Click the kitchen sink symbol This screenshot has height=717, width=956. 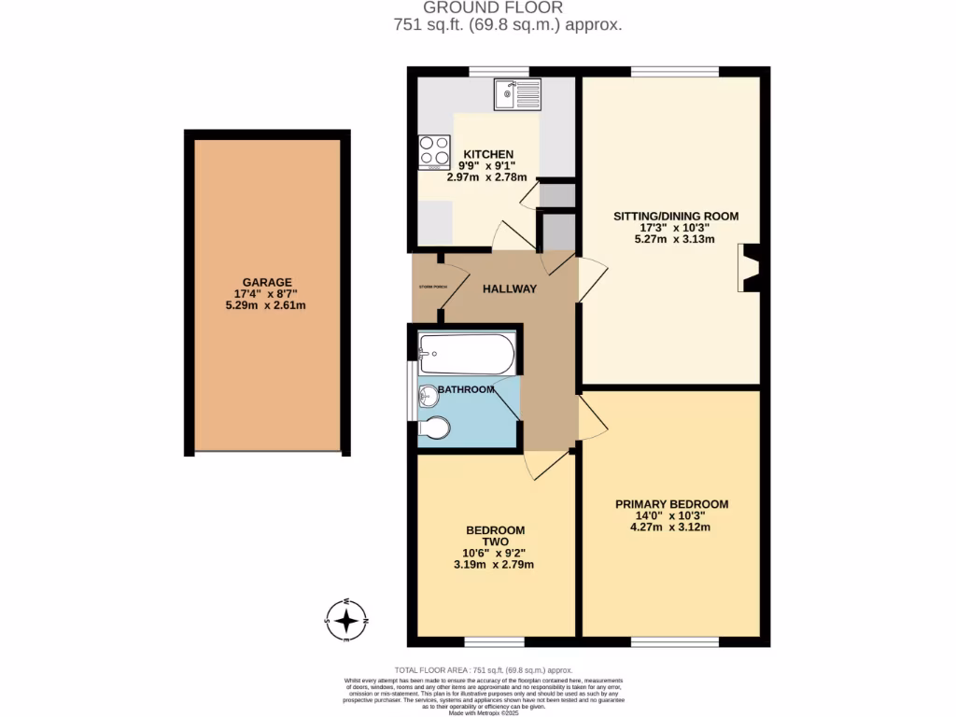(x=516, y=93)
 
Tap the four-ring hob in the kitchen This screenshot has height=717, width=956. (x=434, y=150)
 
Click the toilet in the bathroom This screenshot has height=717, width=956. (x=435, y=428)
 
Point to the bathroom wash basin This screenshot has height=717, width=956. (x=429, y=396)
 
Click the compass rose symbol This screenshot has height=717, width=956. (x=346, y=620)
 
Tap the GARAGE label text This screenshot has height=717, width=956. (x=267, y=282)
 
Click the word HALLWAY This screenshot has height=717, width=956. (x=509, y=289)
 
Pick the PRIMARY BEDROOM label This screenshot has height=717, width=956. (x=671, y=504)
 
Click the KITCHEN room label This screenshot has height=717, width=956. (x=489, y=154)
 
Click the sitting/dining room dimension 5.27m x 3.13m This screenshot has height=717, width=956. (x=675, y=239)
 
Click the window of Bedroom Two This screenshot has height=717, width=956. (x=495, y=642)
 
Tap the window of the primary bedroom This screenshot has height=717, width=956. (x=674, y=642)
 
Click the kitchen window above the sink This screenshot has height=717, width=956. (x=499, y=71)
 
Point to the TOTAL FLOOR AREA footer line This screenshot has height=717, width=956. (x=483, y=670)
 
